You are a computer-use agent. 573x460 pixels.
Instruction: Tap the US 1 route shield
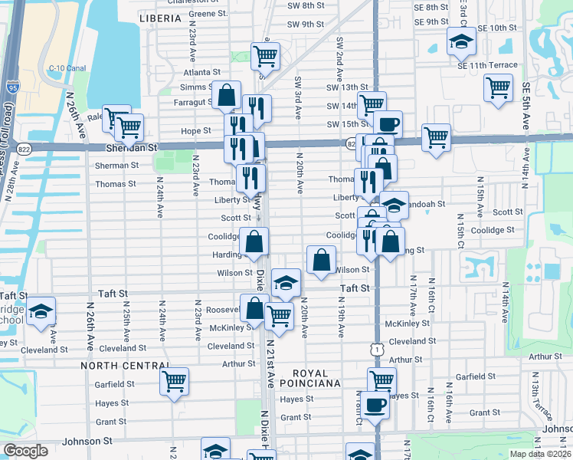click(x=372, y=348)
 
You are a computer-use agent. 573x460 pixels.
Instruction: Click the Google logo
click(x=25, y=451)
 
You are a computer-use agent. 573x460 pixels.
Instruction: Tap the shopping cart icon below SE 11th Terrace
click(x=498, y=87)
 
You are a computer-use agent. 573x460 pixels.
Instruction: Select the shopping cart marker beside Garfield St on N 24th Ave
click(x=175, y=380)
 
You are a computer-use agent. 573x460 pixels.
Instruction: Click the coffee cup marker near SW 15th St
click(x=387, y=123)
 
